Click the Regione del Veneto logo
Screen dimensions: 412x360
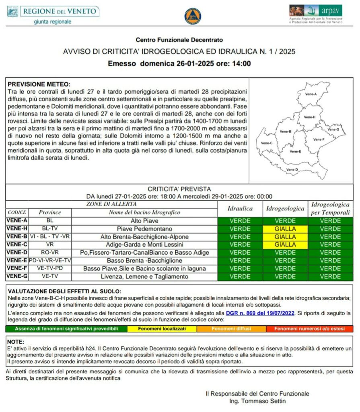[x=53, y=15]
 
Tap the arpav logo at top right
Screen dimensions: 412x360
[x=316, y=14]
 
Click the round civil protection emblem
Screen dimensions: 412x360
[x=192, y=16]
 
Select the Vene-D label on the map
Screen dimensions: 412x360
[x=292, y=170]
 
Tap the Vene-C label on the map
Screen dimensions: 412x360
[x=267, y=143]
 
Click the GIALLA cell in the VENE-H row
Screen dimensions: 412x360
[x=285, y=229]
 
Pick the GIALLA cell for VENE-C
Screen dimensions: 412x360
[x=285, y=244]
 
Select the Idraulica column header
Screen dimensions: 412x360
[x=240, y=209]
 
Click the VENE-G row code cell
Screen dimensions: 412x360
[x=17, y=276]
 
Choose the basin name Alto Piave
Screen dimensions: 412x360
[x=144, y=221]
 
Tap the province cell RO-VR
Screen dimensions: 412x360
[x=50, y=252]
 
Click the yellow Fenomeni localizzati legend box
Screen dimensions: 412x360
[x=162, y=329]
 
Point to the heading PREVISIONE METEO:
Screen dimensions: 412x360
[x=39, y=84]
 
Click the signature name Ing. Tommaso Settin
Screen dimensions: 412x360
[x=257, y=401]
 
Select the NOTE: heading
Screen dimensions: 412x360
[x=16, y=342]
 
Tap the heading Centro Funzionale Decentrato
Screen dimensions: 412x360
[x=179, y=40]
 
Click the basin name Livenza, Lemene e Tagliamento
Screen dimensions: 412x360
[x=144, y=276]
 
